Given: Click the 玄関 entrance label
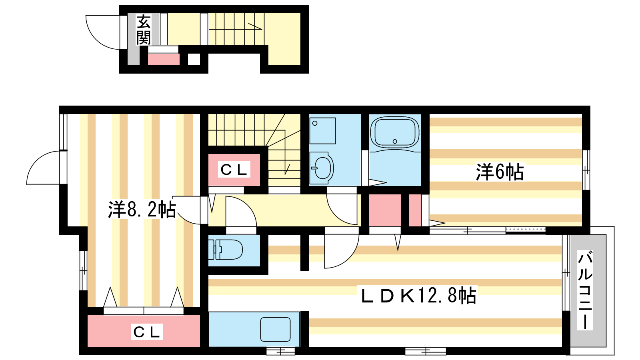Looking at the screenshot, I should (x=144, y=30).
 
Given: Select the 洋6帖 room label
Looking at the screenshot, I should (x=500, y=172).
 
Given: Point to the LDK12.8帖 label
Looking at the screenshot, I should (x=418, y=296).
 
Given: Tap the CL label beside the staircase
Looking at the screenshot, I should (x=234, y=170).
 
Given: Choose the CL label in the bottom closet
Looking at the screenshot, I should (x=147, y=332).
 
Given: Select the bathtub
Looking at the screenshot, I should (x=394, y=132).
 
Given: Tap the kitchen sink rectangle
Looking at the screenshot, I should (x=276, y=329).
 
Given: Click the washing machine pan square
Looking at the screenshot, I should (x=322, y=131).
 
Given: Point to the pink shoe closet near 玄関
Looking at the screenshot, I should (x=164, y=59).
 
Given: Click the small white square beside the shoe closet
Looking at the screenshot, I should (x=194, y=59).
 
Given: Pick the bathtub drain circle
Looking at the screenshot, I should (x=395, y=141).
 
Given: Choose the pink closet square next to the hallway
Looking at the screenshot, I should (x=384, y=210).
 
